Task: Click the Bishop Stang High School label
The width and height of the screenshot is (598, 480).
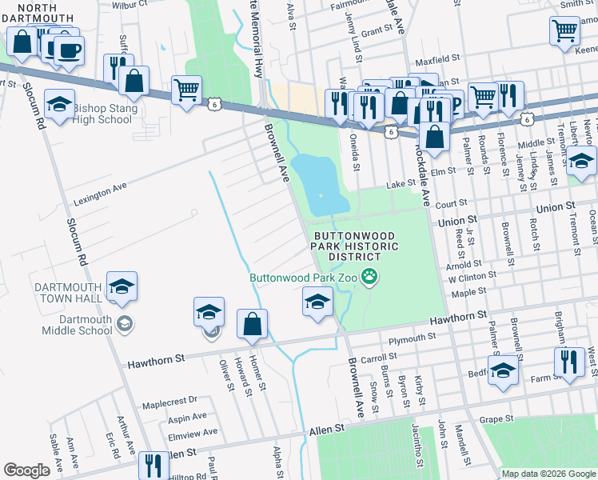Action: (x=102, y=114)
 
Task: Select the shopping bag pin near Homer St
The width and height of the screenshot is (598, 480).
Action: (x=253, y=326)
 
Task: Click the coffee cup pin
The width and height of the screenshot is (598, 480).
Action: (x=67, y=50)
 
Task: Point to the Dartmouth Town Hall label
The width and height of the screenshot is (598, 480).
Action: (x=67, y=293)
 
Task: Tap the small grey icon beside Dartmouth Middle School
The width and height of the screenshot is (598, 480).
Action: (x=124, y=324)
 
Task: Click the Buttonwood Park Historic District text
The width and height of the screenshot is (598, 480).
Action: (x=357, y=246)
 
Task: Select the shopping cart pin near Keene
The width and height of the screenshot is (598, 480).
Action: (x=564, y=31)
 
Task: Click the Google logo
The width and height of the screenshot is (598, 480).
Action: (x=27, y=470)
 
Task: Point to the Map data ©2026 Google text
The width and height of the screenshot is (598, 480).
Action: (x=548, y=474)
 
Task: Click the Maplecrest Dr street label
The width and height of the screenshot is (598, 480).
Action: (x=169, y=400)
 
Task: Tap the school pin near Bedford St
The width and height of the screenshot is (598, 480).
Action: (x=503, y=370)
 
